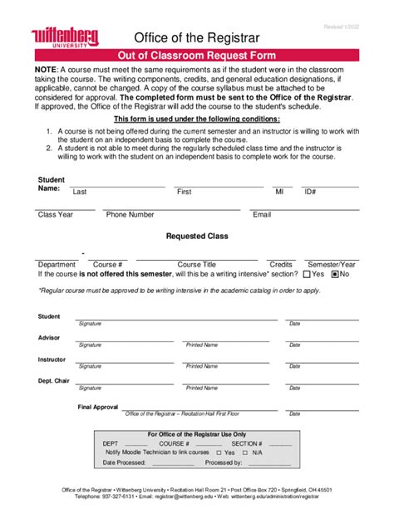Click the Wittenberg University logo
pyautogui.click(x=65, y=37)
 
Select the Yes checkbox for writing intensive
pyautogui.click(x=308, y=274)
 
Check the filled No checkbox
pyautogui.click(x=335, y=274)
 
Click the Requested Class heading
pyautogui.click(x=197, y=236)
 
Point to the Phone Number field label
pyautogui.click(x=130, y=214)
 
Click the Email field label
pyautogui.click(x=262, y=214)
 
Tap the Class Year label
pyautogui.click(x=56, y=214)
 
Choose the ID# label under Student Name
pyautogui.click(x=310, y=192)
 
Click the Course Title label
pyautogui.click(x=197, y=264)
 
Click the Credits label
pyautogui.click(x=281, y=264)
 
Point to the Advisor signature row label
pyautogui.click(x=49, y=338)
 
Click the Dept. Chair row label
pyautogui.click(x=52, y=381)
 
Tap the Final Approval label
pyautogui.click(x=98, y=407)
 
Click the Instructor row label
pyautogui.click(x=52, y=359)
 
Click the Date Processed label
pyautogui.click(x=124, y=462)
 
